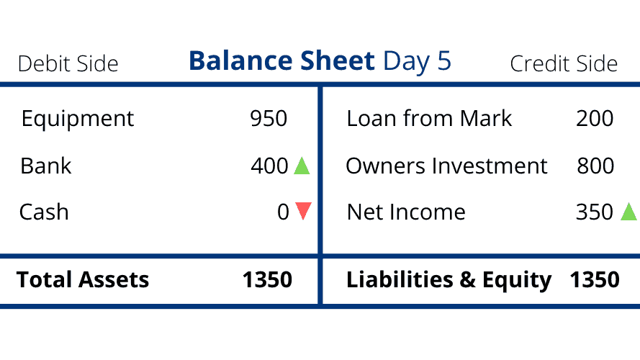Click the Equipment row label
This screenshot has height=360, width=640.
click(x=78, y=120)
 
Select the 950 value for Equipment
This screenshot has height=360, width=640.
click(x=269, y=118)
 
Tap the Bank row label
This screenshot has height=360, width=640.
click(x=46, y=166)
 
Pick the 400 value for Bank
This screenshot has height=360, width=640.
click(x=269, y=166)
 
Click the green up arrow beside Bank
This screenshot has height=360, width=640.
click(x=302, y=166)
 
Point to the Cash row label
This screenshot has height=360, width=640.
click(x=44, y=212)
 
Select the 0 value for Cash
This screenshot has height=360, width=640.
click(x=283, y=212)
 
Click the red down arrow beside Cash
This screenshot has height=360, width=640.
click(x=303, y=211)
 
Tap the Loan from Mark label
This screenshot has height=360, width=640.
click(x=429, y=118)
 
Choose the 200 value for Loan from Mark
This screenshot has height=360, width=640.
click(x=595, y=118)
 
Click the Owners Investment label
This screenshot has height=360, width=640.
click(x=446, y=166)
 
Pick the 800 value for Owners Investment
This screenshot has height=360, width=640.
click(x=595, y=166)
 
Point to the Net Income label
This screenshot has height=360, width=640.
click(x=406, y=212)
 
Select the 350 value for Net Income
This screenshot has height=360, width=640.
click(x=595, y=212)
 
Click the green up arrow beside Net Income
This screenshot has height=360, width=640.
click(x=629, y=212)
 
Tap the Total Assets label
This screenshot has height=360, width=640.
click(x=83, y=279)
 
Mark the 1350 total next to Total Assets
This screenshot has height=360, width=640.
click(x=267, y=279)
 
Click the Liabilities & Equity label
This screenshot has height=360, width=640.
click(x=449, y=280)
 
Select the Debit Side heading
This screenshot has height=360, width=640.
click(x=68, y=63)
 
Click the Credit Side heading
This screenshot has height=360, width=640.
click(x=564, y=63)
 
